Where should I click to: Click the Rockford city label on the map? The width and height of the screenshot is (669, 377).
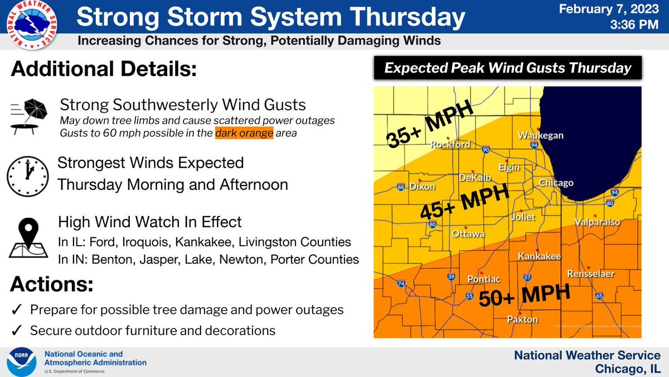click(450, 145)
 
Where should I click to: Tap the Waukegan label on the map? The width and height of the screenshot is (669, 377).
click(540, 135)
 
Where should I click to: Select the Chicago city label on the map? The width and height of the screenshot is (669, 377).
click(556, 183)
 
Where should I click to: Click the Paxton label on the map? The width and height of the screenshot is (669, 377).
click(522, 319)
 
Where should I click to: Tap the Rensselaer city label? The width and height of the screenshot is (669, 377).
click(590, 274)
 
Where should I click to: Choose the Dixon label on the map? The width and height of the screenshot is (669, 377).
click(421, 187)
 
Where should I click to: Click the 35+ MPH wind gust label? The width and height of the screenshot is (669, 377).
click(429, 125)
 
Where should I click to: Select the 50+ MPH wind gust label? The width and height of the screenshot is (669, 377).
click(525, 296)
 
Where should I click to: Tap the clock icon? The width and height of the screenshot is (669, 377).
click(28, 175)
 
